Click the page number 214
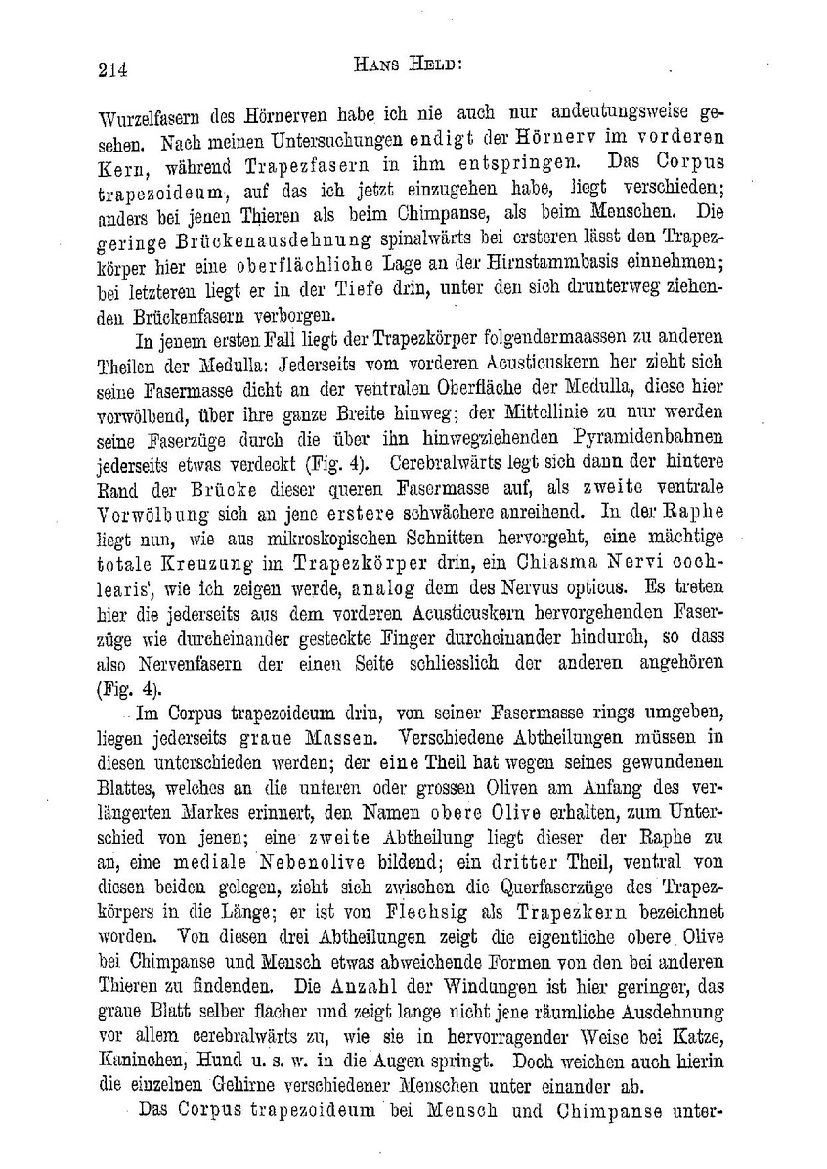[113, 68]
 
